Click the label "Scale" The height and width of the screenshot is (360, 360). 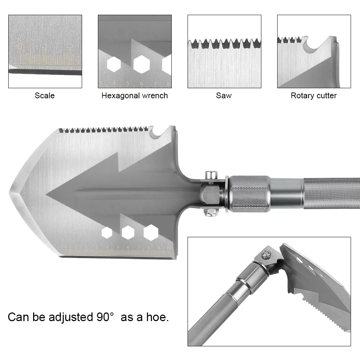45,96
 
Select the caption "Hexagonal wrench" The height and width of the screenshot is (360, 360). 135,96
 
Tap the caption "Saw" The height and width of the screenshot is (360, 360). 224,96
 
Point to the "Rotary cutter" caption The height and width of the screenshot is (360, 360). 314,96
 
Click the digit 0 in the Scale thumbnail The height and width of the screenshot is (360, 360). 20,47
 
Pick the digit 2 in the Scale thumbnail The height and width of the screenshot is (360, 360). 71,47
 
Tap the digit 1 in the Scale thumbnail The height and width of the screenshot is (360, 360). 46,47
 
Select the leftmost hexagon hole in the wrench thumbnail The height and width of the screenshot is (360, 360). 114,64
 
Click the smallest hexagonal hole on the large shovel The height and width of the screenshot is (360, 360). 107,233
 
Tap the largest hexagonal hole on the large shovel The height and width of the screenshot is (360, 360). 151,232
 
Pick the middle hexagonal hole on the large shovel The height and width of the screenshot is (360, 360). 128,233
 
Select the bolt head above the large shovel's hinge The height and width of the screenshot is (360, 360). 211,175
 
